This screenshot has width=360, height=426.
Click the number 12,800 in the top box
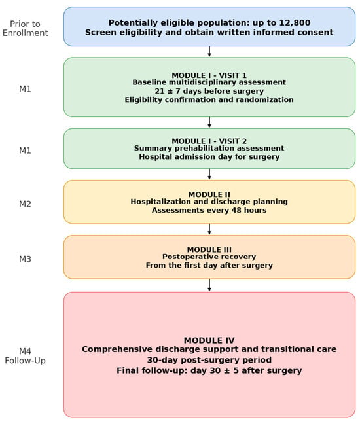tap(295, 22)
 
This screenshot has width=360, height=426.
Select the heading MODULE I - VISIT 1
tap(209, 75)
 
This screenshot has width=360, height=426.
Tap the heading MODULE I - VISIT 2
tap(209, 141)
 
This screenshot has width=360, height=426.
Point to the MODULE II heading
tap(209, 194)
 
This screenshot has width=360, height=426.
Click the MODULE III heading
tap(209, 249)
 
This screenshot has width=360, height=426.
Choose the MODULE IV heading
tap(209, 340)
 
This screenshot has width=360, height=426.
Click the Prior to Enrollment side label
tap(26, 28)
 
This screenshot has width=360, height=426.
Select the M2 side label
tap(25, 204)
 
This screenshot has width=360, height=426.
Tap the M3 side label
tap(25, 259)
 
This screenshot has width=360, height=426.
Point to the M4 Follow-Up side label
tap(26, 356)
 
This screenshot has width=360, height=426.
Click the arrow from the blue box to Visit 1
tap(209, 52)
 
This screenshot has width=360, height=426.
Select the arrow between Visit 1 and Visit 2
tap(209, 122)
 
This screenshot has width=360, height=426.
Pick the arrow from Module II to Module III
tap(209, 229)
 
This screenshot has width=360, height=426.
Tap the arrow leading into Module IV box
tap(209, 285)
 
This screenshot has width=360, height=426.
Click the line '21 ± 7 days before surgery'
tap(209, 91)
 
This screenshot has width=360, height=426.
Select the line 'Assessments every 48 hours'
tap(209, 210)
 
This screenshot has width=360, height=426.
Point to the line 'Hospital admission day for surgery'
tap(209, 157)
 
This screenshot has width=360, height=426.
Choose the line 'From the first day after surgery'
tap(209, 265)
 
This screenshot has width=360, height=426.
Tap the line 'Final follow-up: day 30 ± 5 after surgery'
tap(209, 370)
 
